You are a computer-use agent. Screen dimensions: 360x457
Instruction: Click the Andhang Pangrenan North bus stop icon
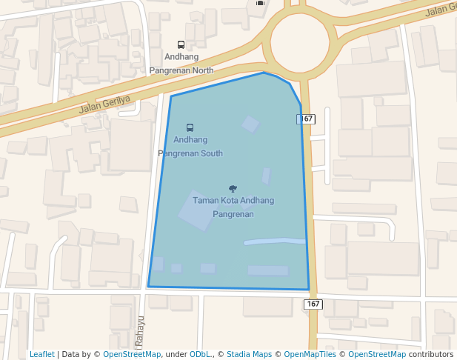click(181, 45)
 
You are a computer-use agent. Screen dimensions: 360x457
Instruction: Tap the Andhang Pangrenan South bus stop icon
click(190, 127)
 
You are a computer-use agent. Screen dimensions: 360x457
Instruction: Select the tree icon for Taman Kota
click(233, 189)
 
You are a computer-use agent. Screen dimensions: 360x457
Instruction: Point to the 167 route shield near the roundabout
click(307, 119)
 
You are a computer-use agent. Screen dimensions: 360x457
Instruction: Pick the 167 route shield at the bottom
click(313, 304)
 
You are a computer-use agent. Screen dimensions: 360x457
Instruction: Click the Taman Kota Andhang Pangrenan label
click(233, 207)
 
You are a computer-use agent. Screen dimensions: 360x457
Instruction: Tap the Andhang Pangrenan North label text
click(181, 63)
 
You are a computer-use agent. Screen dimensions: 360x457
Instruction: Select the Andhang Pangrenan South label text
click(190, 146)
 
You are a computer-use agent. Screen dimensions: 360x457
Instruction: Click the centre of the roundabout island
click(299, 42)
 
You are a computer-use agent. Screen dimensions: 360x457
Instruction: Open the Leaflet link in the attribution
click(42, 354)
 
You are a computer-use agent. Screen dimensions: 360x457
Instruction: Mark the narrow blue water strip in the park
click(274, 241)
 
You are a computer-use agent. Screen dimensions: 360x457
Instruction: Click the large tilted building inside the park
click(196, 210)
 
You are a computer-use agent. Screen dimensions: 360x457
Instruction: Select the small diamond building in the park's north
click(251, 124)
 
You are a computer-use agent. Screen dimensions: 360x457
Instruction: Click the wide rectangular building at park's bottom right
click(267, 270)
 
